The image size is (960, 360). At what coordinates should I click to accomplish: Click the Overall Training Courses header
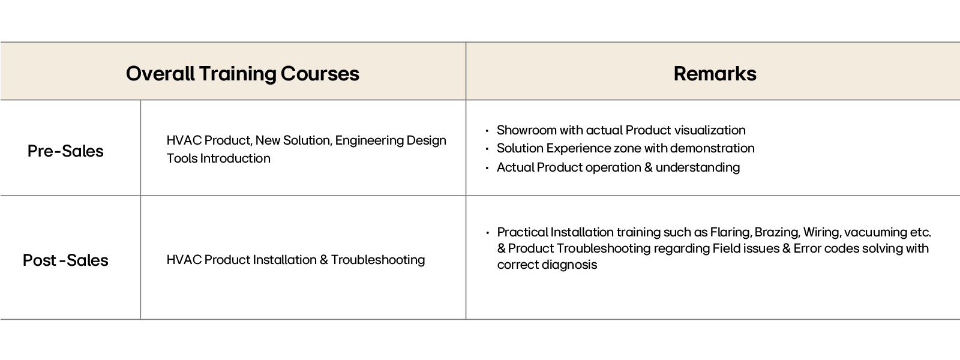pos(242,74)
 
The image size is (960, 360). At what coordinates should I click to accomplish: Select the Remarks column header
pos(715,74)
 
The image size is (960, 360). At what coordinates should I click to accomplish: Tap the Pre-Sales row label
pos(65,151)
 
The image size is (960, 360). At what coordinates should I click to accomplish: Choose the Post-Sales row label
pos(65,260)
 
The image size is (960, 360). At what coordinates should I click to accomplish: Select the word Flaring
pos(730,232)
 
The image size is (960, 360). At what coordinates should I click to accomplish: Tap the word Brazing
pos(776,232)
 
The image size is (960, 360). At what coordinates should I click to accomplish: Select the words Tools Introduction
pos(218,158)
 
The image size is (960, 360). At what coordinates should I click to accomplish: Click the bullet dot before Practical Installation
pos(487,232)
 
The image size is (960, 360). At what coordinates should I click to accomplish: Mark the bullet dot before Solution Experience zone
pos(487,149)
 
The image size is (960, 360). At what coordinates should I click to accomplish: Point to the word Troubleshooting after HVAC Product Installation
pos(378,260)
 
